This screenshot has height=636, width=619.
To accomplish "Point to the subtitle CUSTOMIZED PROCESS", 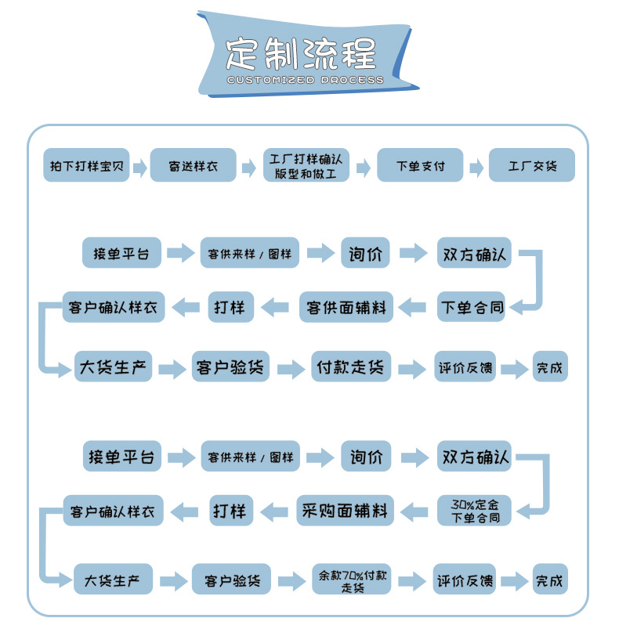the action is coord(304,80).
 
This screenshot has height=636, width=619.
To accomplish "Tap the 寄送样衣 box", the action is coord(193,166).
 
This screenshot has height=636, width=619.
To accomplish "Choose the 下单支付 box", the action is coord(420,166).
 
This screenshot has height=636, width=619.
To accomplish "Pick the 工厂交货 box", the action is coord(532,166).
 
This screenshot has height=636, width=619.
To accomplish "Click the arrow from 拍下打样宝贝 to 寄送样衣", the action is coord(139,167).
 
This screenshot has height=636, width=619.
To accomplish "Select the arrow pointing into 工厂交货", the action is coord(476,167).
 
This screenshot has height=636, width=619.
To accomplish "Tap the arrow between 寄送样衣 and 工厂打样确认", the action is coord(249,167).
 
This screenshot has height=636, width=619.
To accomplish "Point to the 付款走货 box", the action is coord(350,367).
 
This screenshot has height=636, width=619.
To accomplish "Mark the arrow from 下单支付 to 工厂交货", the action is coord(476,167).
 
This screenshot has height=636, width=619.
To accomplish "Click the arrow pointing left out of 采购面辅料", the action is coord(273,512).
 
